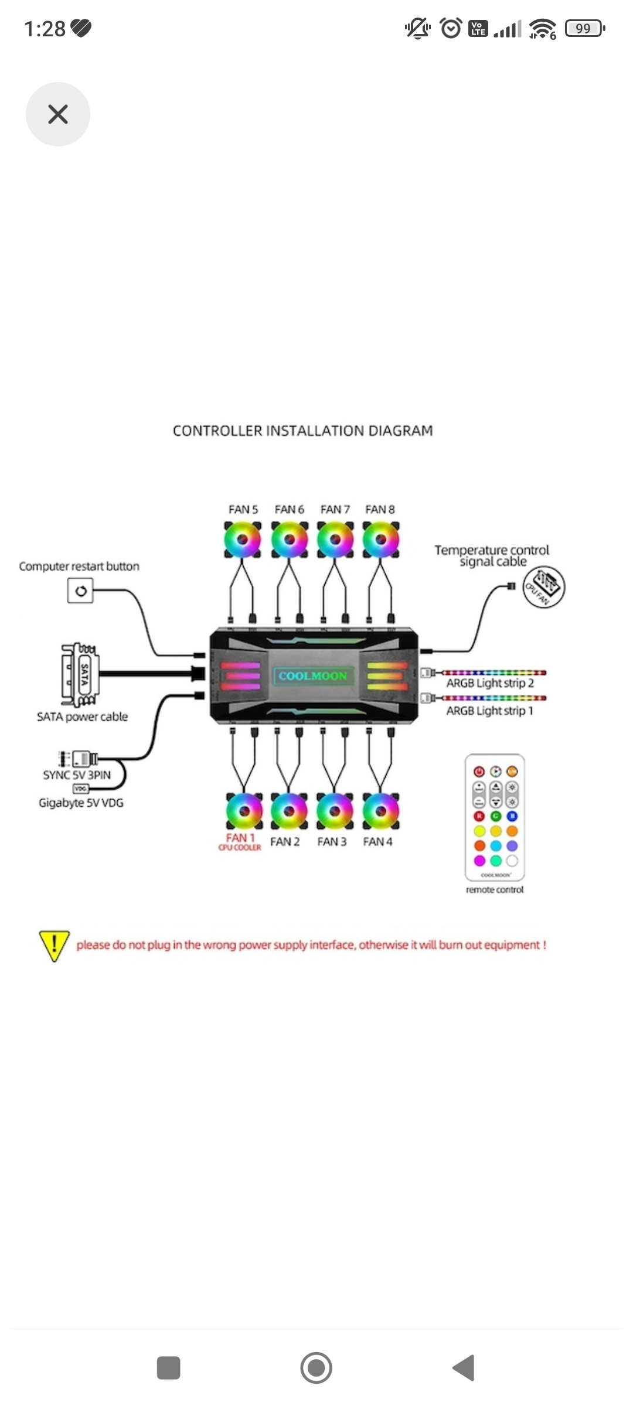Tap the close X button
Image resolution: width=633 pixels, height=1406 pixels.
[x=57, y=114]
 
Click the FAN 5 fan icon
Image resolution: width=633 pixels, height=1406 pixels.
[x=243, y=539]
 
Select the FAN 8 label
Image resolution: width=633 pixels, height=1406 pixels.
[x=380, y=510]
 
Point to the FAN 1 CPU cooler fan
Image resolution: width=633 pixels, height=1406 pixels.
[x=244, y=811]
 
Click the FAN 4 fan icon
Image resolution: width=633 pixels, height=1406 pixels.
[x=380, y=811]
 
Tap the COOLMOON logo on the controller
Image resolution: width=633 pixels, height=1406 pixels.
[x=313, y=676]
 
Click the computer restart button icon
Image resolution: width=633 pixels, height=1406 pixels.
[x=81, y=591]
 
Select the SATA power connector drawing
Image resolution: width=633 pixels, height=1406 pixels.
[x=80, y=675]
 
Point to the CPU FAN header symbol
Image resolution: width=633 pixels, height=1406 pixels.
[x=543, y=587]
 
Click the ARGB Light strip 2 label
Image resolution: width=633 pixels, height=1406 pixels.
[x=490, y=684]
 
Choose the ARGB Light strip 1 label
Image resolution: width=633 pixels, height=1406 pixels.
[x=490, y=711]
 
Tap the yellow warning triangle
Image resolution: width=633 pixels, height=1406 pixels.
[x=54, y=945]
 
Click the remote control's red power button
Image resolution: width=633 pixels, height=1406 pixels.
[x=479, y=772]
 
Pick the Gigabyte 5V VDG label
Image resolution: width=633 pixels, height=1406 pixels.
[x=81, y=803]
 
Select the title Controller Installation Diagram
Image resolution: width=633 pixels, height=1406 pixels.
[x=302, y=431]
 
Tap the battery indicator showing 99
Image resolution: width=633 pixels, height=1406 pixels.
[x=584, y=28]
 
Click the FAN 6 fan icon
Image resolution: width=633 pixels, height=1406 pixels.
[x=290, y=539]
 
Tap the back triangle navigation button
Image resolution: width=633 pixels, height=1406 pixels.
[x=464, y=1368]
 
